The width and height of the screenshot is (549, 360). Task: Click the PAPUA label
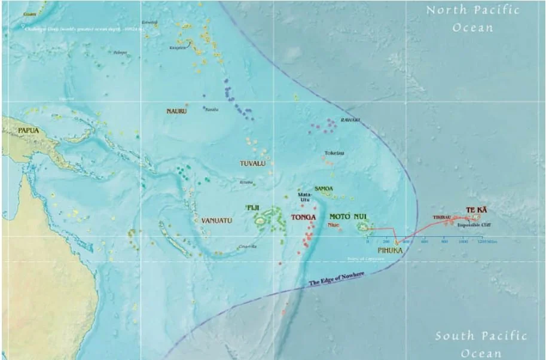[29, 130]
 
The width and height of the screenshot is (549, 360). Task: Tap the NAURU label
[176, 111]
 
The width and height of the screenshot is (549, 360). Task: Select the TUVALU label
[252, 163]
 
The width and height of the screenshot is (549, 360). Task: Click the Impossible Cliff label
[474, 225]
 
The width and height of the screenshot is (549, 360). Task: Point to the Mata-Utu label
[304, 197]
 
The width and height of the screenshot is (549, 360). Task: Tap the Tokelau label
[334, 153]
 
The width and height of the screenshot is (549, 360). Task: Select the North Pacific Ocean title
[472, 19]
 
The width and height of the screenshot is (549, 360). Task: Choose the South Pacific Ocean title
[481, 344]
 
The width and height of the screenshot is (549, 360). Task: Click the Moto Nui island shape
[362, 227]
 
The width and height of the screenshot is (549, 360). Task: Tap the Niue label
[333, 225]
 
